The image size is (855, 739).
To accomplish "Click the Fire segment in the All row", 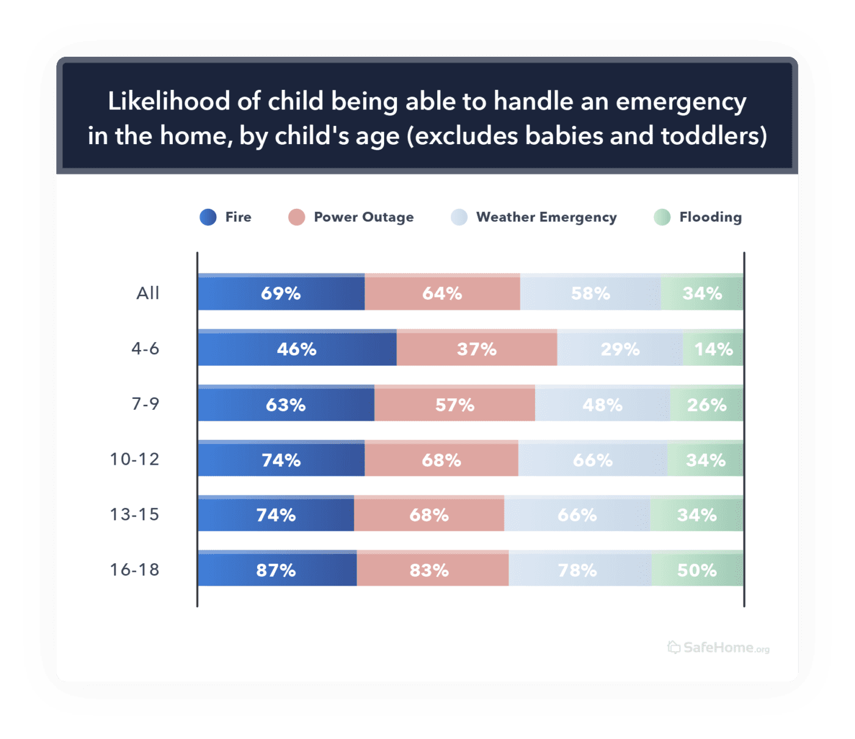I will point(281,293).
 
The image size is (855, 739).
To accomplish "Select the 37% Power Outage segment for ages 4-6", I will point(476,349).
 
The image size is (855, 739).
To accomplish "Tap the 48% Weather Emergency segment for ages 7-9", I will point(602,404).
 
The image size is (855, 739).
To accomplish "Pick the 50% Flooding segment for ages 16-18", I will point(697,570).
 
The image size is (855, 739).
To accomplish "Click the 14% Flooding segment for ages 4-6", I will point(713,349).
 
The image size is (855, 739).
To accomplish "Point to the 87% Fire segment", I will point(276,570).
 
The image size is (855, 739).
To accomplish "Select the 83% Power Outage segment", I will point(429,570).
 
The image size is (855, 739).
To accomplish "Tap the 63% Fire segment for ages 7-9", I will point(285,404).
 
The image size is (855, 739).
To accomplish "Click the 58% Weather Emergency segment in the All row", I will point(590,293).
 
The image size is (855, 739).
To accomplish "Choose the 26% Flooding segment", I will point(707,404).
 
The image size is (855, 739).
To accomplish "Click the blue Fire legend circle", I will point(208,217).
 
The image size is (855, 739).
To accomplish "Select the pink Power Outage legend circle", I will point(297,217).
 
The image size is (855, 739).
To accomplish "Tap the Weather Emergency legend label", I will point(546,217).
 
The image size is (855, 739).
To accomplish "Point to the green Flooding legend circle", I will point(662,217).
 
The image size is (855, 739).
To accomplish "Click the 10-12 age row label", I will point(134,459).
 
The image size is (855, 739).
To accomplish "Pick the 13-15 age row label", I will point(134,514).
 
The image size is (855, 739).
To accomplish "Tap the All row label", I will point(148,293).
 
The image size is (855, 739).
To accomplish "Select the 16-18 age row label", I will point(134,570).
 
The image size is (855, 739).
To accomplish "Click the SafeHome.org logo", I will point(718,647).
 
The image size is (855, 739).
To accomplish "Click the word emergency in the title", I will point(680,102).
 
